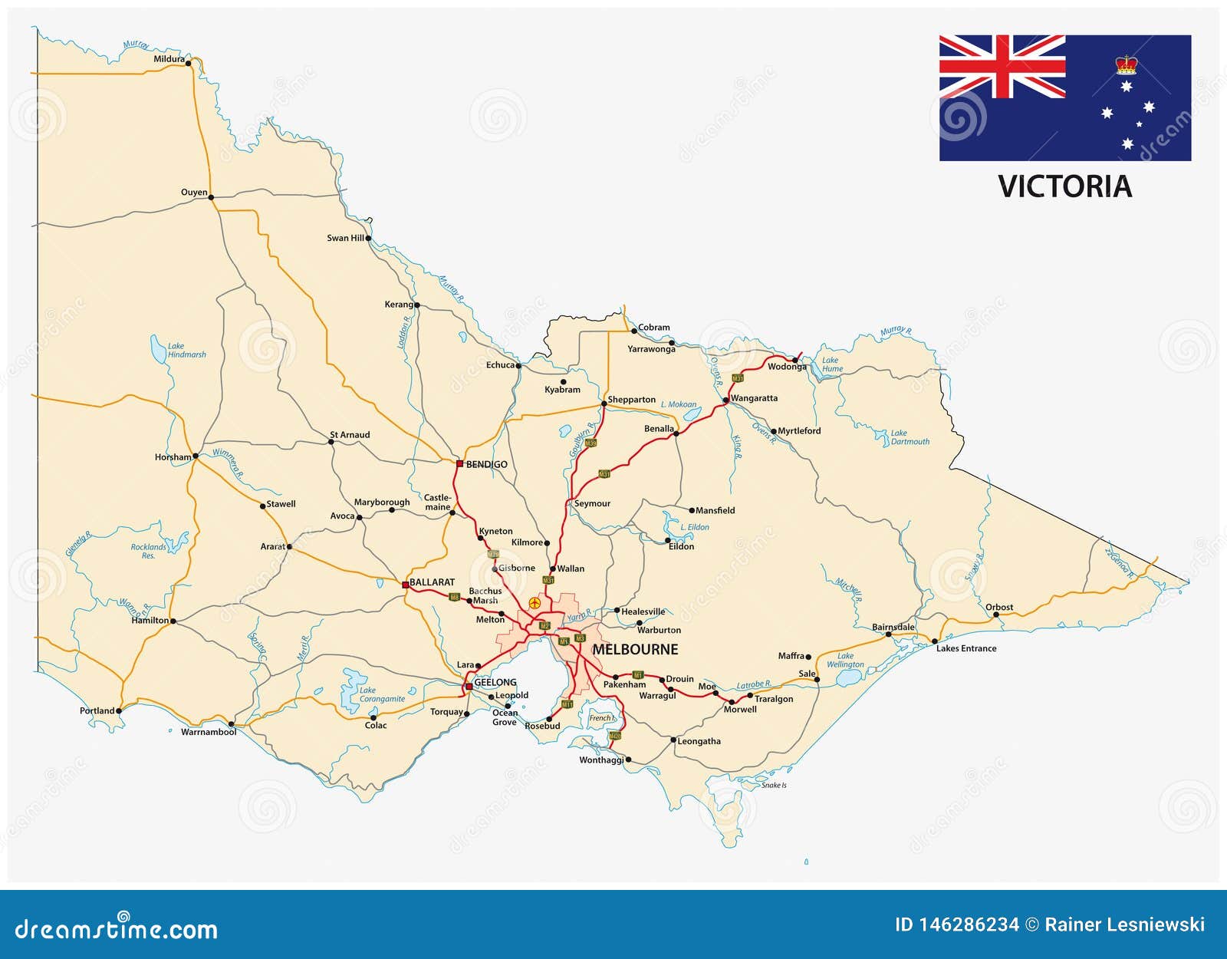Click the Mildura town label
click(x=169, y=59)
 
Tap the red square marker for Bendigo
click(x=459, y=463)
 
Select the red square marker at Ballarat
click(x=406, y=585)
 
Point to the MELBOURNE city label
click(x=635, y=649)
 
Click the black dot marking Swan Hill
click(x=369, y=238)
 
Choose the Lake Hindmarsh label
click(x=186, y=351)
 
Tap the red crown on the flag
click(x=1126, y=64)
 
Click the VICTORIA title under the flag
click(x=1064, y=186)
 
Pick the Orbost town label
click(x=999, y=607)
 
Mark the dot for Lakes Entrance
click(x=934, y=641)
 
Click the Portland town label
click(x=97, y=710)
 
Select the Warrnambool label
click(x=209, y=732)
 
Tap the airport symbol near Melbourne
click(x=535, y=603)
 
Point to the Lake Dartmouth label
click(x=910, y=437)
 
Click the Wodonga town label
click(x=787, y=367)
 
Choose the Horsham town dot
click(x=196, y=456)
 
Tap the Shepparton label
click(x=632, y=400)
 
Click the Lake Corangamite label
click(x=382, y=694)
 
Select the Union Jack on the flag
click(x=1002, y=67)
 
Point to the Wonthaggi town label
click(x=601, y=760)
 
